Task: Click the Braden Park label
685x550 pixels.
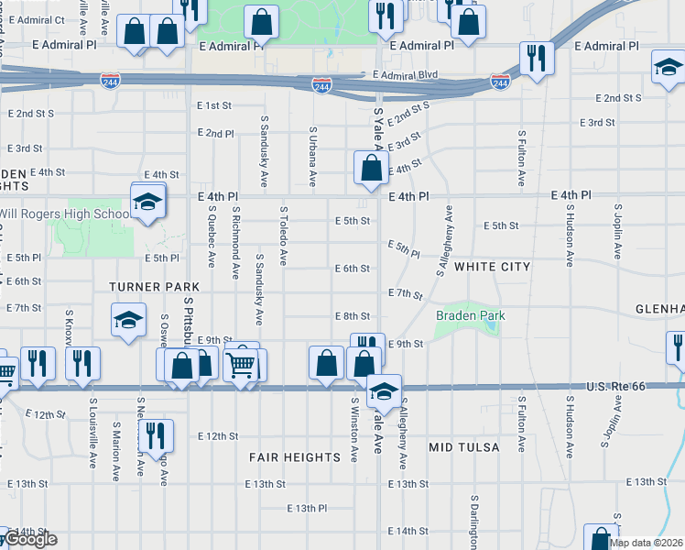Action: [470, 316]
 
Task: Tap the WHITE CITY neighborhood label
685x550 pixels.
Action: [492, 267]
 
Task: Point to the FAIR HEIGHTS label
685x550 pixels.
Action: [295, 456]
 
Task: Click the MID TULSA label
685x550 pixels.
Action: [464, 447]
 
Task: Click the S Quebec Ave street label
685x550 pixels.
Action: [211, 236]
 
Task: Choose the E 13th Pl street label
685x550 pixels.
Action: [306, 508]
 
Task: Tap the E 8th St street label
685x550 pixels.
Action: [352, 316]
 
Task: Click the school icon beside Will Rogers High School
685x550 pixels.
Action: [147, 202]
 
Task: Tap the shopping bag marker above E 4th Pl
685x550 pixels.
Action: [372, 168]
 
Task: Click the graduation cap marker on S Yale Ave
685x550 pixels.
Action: [384, 391]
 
